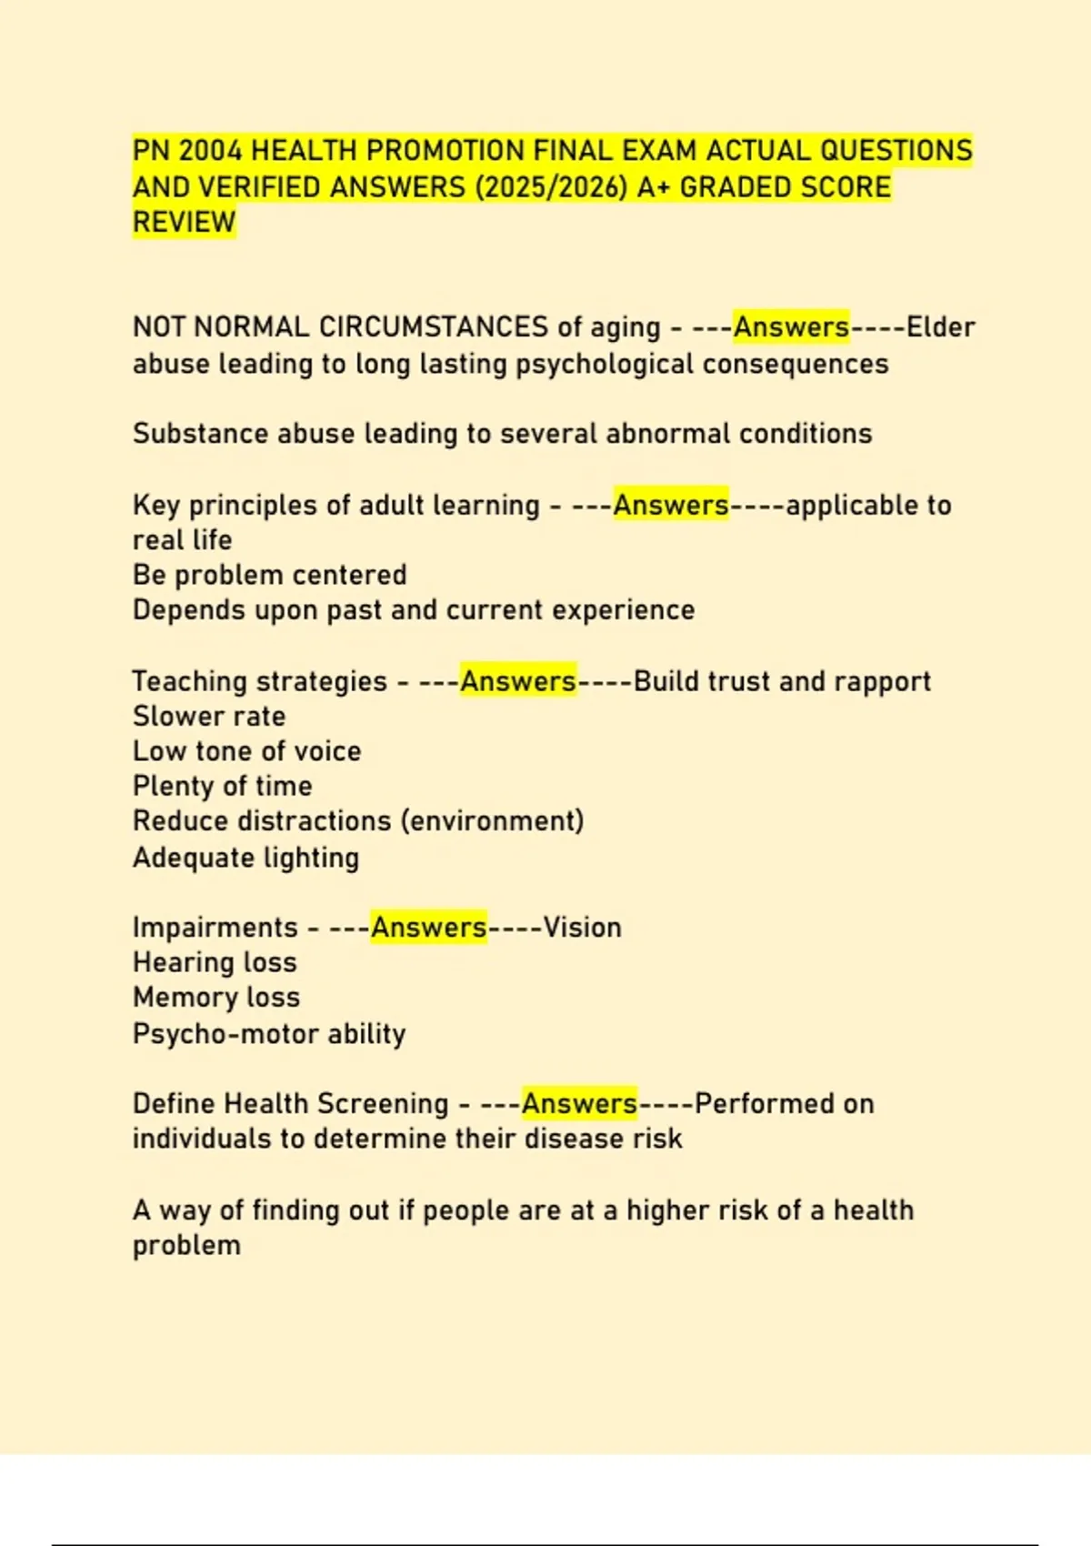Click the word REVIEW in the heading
[185, 222]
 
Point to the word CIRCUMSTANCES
[434, 326]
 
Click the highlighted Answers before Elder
[791, 326]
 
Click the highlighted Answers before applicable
[671, 505]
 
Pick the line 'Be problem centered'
[270, 575]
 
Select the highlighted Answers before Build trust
[518, 681]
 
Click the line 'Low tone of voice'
[247, 751]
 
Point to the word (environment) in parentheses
[492, 820]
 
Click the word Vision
[583, 928]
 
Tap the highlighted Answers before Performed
[579, 1103]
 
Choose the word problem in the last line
[187, 1245]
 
